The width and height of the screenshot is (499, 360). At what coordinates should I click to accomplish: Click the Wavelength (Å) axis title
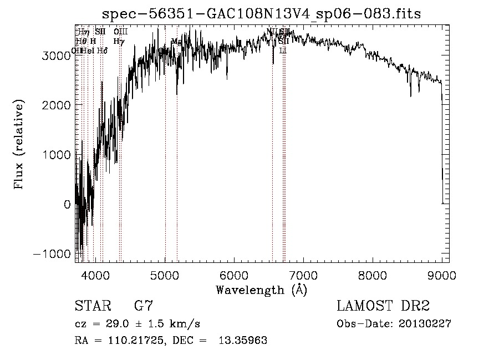coord(261,290)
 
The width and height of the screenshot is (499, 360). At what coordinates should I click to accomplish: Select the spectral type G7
coord(144,306)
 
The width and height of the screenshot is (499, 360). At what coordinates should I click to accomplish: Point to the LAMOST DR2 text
coord(383,306)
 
